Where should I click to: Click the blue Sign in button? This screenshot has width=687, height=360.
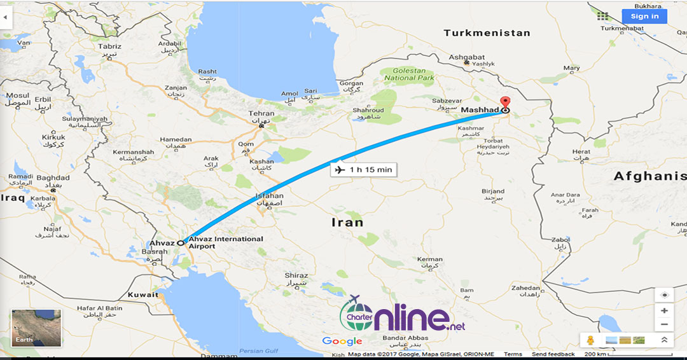[x=644, y=17]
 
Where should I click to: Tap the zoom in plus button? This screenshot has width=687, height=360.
[x=664, y=310]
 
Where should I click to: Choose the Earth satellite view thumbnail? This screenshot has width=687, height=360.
[x=36, y=328]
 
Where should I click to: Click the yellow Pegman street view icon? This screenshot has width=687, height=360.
[x=591, y=340]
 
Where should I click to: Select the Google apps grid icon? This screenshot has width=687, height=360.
[x=602, y=17]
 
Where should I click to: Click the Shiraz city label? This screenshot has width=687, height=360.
[x=296, y=275]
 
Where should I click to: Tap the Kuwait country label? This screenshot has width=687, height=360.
[x=142, y=294]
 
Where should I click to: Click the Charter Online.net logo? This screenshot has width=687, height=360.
[x=403, y=315]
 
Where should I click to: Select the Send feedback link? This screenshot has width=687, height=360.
[x=553, y=354]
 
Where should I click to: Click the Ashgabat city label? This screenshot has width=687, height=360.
[x=467, y=57]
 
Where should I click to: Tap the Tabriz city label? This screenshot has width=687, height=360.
[x=109, y=46]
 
